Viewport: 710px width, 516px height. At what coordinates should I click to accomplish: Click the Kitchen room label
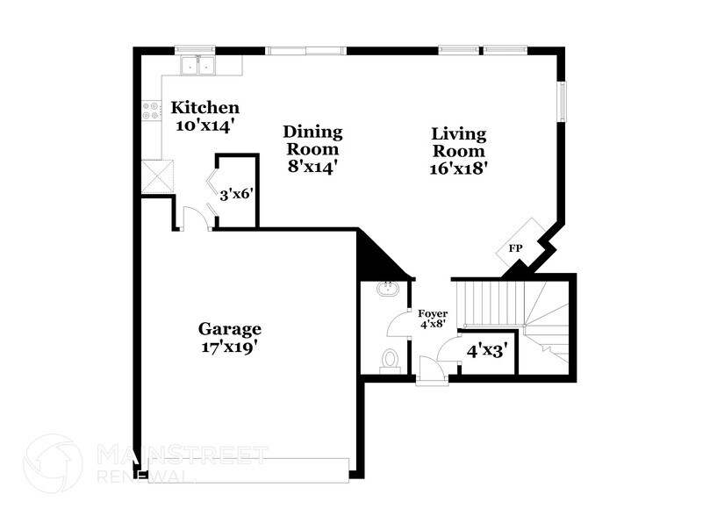[x=204, y=108]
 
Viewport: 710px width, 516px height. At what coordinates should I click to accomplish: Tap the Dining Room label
[x=312, y=140]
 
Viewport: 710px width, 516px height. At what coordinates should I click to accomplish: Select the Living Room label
[x=459, y=141]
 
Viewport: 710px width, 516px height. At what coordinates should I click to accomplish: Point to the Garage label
[x=229, y=329]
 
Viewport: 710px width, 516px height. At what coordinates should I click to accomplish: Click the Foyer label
[x=432, y=313]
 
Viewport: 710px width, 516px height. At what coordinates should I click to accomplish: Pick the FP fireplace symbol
[x=516, y=249]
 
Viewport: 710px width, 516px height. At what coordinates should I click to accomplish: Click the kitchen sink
[x=199, y=64]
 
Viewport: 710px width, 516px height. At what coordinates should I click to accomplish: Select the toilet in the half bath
[x=390, y=360]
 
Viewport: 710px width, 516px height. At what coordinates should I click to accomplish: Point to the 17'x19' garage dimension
[x=229, y=347]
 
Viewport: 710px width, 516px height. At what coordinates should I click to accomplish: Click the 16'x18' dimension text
[x=459, y=167]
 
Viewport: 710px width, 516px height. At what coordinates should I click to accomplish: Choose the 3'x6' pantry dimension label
[x=237, y=193]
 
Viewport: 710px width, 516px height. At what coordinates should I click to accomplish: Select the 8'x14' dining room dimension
[x=312, y=164]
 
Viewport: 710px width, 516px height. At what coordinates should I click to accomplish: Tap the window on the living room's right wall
[x=563, y=101]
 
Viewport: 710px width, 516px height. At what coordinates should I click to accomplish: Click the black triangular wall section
[x=376, y=255]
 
